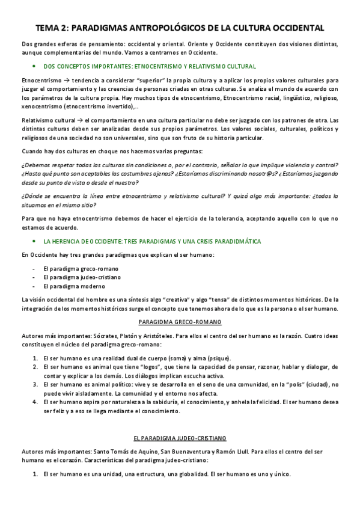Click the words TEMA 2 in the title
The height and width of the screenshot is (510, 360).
[x=52, y=28]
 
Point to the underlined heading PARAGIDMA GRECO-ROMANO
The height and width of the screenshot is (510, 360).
[x=180, y=322]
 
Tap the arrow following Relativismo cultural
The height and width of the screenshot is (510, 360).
[x=80, y=120]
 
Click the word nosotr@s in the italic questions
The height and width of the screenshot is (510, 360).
[x=249, y=174]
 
